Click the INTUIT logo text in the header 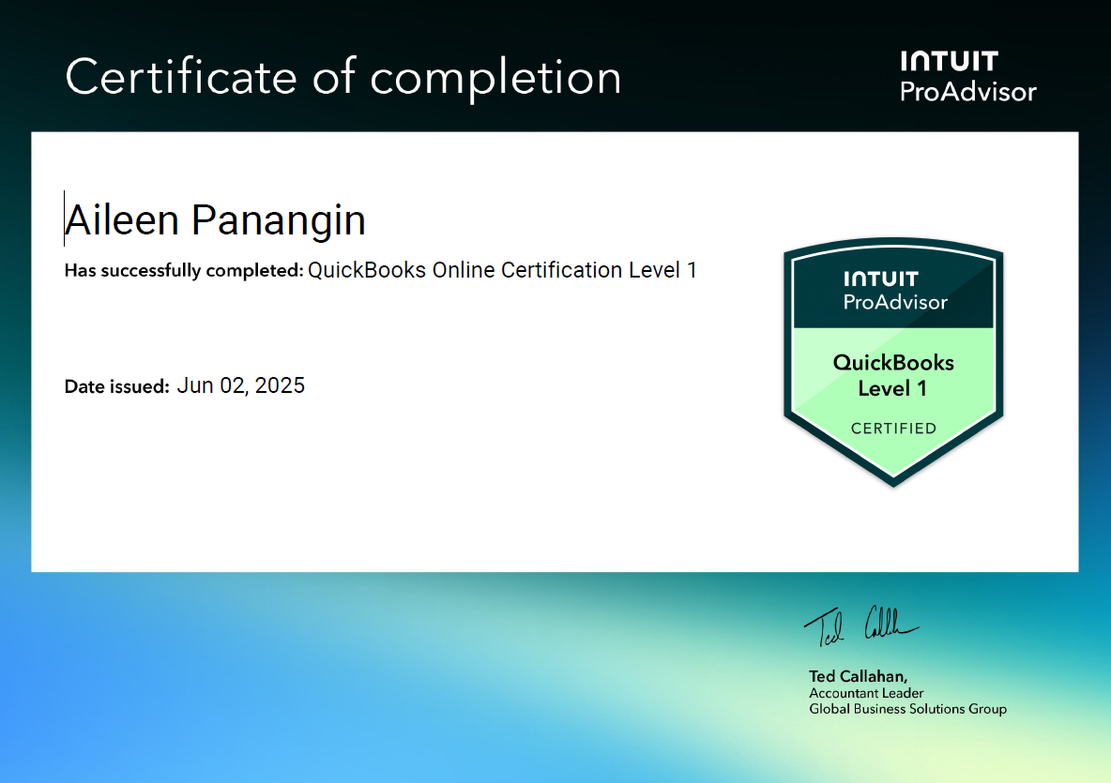coord(949,62)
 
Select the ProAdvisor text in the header coord(968,92)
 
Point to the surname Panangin coord(279,220)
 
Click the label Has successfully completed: coord(184,271)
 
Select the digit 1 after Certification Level coord(692,270)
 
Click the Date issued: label coord(116,386)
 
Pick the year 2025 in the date coord(280,385)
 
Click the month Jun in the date coord(194,385)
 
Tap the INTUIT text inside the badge coord(880,279)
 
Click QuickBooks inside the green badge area coord(893,363)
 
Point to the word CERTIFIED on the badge coord(893,429)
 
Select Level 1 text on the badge coord(892,388)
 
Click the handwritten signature coord(859,625)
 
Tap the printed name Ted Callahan coord(858,676)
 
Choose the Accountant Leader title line coord(866,693)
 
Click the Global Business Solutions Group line coord(907,709)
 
